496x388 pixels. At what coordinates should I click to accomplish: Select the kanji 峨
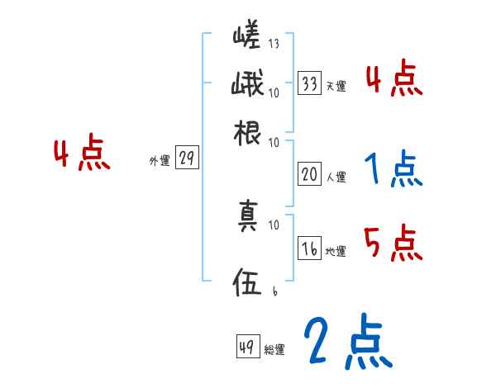(246, 85)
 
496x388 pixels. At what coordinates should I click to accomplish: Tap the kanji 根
(248, 132)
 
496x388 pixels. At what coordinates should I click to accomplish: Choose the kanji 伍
(248, 285)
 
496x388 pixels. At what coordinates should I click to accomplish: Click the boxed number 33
(310, 83)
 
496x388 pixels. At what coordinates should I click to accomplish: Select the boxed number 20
(310, 174)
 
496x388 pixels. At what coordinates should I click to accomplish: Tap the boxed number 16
(310, 249)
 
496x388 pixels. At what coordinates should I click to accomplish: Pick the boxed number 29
(187, 159)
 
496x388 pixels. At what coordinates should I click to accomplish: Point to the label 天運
(336, 86)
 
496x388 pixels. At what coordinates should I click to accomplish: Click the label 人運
(336, 177)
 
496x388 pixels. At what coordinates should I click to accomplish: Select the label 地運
(336, 252)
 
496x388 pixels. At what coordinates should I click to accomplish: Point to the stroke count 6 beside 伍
(274, 290)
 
